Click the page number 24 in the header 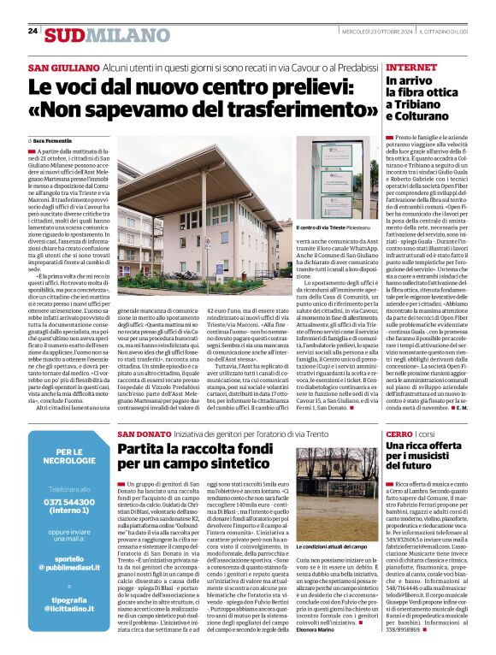point(32,31)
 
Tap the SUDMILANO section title point(97,34)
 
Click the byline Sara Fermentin point(56,139)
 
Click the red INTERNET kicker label point(413,68)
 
